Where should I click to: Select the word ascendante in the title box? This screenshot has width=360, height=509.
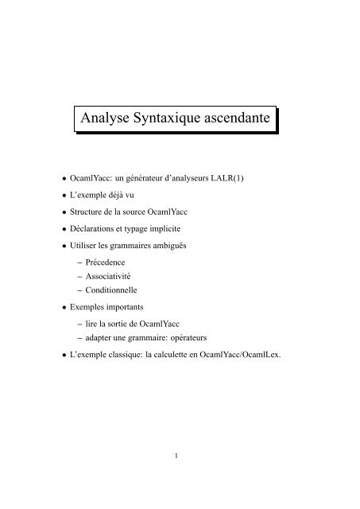click(x=241, y=119)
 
